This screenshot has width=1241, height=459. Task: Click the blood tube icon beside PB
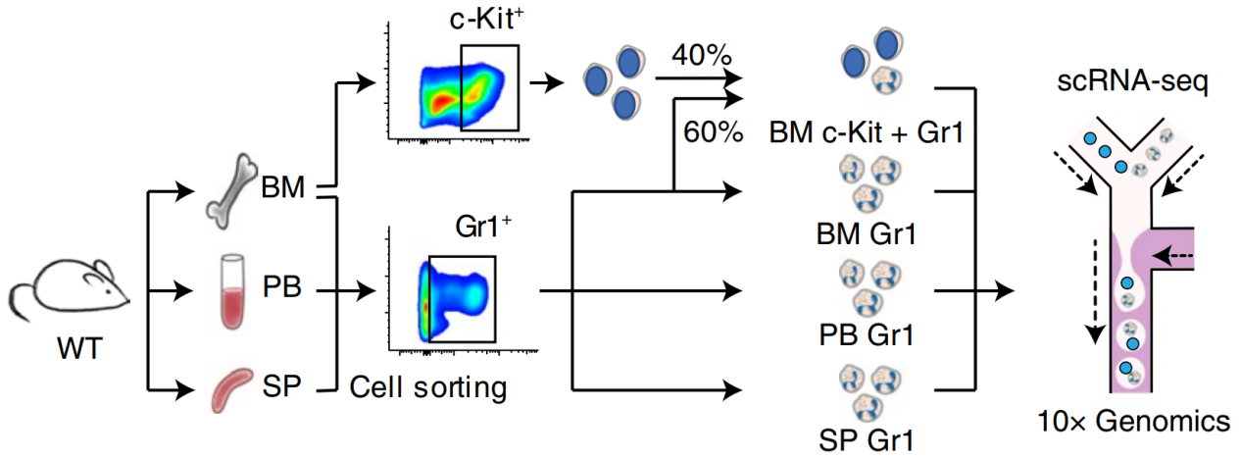pyautogui.click(x=231, y=291)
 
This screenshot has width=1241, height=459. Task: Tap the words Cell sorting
pyautogui.click(x=428, y=387)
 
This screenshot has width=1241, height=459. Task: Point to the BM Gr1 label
pyautogui.click(x=866, y=234)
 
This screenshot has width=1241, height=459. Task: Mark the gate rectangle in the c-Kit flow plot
pyautogui.click(x=490, y=86)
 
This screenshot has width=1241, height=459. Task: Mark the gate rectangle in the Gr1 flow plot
pyautogui.click(x=462, y=298)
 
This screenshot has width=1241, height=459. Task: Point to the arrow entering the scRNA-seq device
pyautogui.click(x=1017, y=291)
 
